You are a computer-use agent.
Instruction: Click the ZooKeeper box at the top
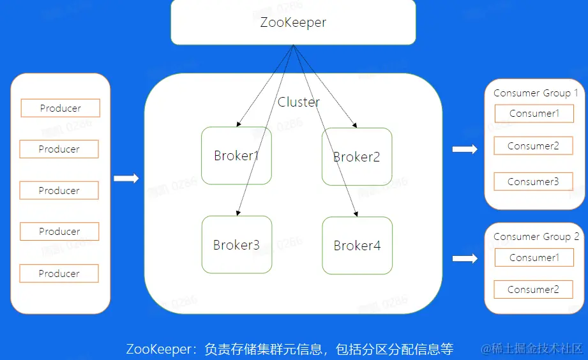(x=293, y=22)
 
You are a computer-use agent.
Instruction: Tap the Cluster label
(x=298, y=102)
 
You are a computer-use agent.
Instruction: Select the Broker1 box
(x=236, y=156)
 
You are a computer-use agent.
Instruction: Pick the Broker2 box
(x=357, y=156)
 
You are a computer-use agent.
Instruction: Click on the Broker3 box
(x=236, y=245)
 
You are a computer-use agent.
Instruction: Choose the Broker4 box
(x=357, y=246)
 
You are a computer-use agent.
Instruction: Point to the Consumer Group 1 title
(x=536, y=93)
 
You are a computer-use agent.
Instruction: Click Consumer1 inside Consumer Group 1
(x=534, y=114)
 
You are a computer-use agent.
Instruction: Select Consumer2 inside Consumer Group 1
(x=533, y=146)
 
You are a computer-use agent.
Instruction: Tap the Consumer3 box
(x=533, y=182)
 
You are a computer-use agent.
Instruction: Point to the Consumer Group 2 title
(x=536, y=237)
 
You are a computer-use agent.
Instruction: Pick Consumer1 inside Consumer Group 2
(x=534, y=258)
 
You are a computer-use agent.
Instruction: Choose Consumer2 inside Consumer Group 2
(x=533, y=290)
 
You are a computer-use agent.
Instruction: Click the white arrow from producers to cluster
(x=126, y=179)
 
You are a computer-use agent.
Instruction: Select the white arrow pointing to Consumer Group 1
(x=465, y=149)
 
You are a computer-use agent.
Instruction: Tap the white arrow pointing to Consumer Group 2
(x=465, y=259)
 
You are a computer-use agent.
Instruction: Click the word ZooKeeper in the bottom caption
(x=158, y=349)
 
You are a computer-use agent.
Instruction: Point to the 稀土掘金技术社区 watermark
(x=533, y=349)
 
